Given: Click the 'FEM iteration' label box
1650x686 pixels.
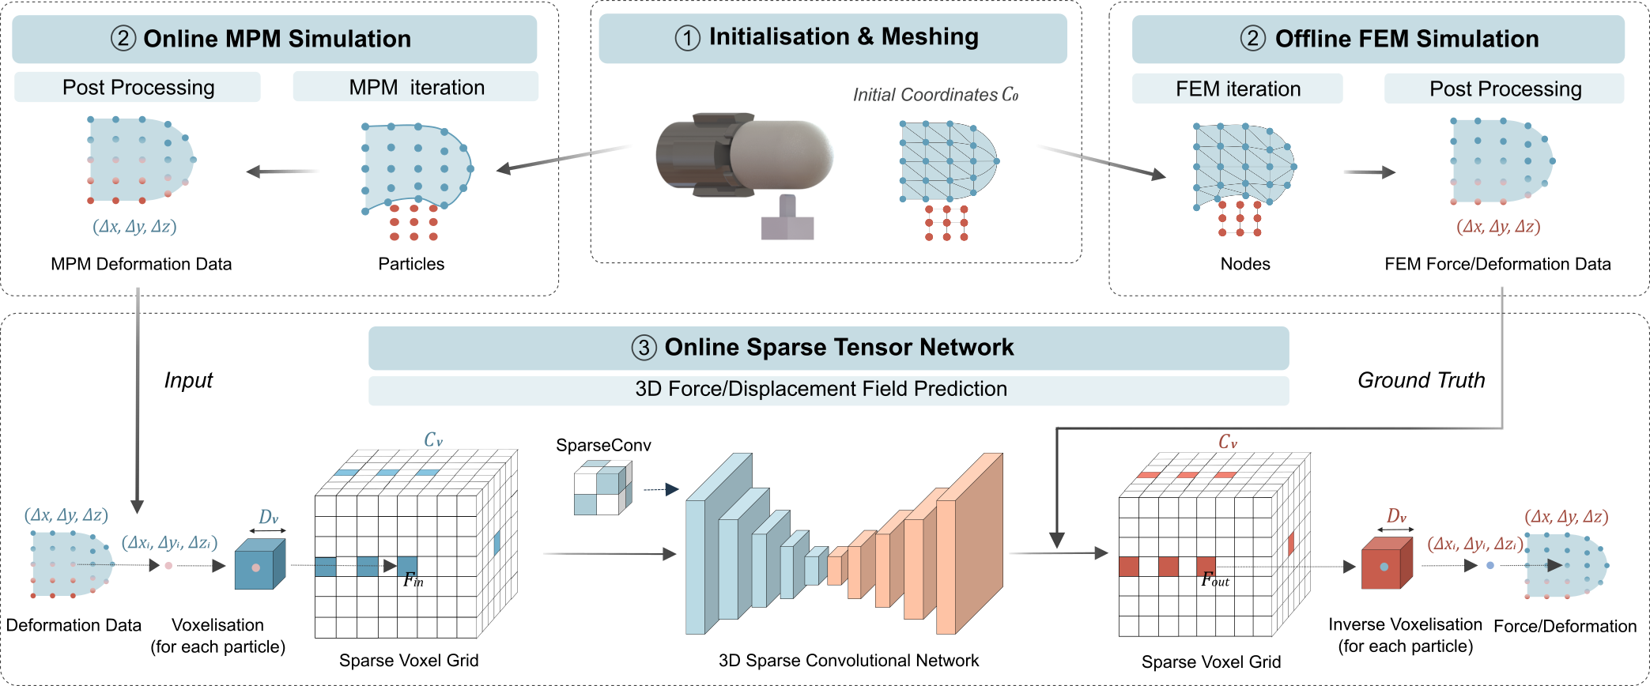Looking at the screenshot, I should (1237, 89).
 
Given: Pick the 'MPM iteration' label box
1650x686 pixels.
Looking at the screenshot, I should (416, 87).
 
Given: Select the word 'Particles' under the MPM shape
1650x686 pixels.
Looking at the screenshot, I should (411, 264).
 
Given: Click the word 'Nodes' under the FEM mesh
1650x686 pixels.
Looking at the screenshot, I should (1245, 264).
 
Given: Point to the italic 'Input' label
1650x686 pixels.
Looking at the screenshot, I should (188, 381).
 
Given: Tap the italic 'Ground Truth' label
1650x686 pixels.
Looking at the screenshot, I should (1421, 381).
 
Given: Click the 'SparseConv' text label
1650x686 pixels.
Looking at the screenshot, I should (603, 445).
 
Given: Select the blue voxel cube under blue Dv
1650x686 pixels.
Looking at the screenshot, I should (259, 565).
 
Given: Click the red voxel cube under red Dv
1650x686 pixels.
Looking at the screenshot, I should (1386, 564).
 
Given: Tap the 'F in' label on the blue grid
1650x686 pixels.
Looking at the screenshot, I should (413, 581).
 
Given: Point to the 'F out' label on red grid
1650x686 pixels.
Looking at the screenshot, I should (1214, 580).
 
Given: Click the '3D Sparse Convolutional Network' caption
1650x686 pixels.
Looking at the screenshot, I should (848, 661).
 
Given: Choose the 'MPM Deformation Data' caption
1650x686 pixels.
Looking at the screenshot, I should (141, 264).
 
